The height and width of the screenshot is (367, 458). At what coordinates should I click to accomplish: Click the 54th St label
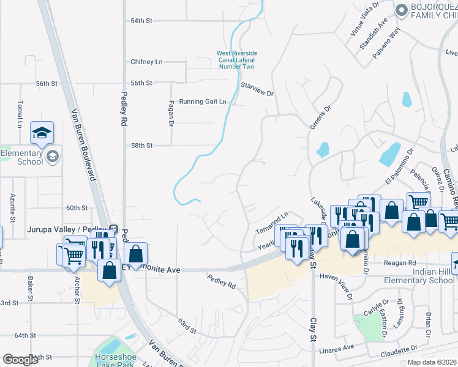click(141, 21)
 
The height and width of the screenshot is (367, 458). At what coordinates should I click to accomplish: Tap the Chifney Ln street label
click(146, 62)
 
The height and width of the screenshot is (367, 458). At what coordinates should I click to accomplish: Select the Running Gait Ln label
click(202, 102)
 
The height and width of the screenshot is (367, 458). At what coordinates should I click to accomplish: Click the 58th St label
click(141, 146)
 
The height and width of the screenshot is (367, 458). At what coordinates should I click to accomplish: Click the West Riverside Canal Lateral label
click(236, 56)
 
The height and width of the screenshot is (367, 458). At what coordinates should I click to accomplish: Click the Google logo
click(20, 360)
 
